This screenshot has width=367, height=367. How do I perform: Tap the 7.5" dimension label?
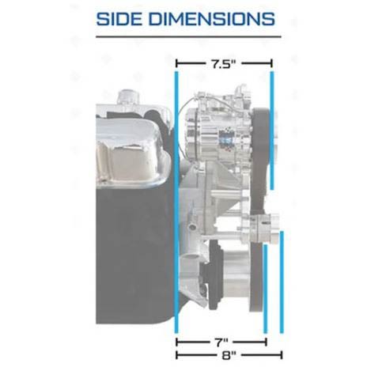(x=224, y=64)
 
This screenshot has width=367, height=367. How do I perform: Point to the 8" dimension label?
(x=229, y=355)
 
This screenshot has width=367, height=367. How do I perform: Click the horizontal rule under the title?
(x=188, y=36)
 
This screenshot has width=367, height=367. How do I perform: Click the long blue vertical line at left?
(x=176, y=202)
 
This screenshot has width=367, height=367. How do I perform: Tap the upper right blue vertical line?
(x=272, y=131)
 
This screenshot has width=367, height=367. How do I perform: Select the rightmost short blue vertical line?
(x=282, y=282)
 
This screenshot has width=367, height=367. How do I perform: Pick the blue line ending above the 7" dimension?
(x=265, y=289)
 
